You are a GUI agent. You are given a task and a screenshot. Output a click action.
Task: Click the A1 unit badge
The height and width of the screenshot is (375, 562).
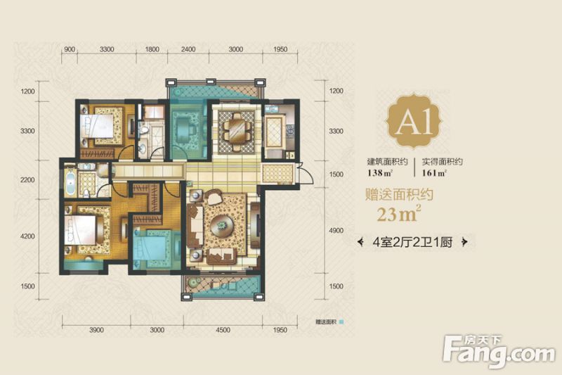pos(413,121)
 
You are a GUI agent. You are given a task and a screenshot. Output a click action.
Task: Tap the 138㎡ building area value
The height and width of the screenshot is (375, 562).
pos(380,173)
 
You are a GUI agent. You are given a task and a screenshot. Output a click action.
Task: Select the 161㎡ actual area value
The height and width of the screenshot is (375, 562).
pos(434,173)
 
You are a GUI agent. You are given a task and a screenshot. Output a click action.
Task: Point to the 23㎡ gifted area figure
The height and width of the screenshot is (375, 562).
pos(398,213)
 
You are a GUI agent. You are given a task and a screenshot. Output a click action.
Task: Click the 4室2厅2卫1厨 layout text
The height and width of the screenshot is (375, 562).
pos(412,242)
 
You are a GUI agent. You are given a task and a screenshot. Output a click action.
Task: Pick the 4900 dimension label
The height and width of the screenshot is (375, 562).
pos(336,230)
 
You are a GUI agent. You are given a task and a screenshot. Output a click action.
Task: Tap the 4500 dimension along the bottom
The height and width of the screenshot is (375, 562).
pos(223,330)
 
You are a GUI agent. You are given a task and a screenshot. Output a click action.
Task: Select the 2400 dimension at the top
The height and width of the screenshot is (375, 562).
pos(188,49)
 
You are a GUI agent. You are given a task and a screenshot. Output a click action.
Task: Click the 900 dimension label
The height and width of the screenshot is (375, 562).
pos(70,49)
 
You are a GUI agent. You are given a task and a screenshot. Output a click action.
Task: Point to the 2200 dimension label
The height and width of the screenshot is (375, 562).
pos(27,180)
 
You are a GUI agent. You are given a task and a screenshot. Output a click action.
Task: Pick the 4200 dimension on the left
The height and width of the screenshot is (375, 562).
pos(27,236)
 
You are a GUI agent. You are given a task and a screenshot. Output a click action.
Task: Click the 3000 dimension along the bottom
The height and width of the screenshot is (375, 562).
pos(157,330)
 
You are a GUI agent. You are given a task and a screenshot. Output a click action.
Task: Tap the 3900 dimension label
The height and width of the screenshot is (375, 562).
pos(96,330)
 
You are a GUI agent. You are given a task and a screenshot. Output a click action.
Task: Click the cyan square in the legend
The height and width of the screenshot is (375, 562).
pos(341,322)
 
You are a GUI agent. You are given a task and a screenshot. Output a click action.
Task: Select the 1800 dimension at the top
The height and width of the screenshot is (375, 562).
pos(152,49)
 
